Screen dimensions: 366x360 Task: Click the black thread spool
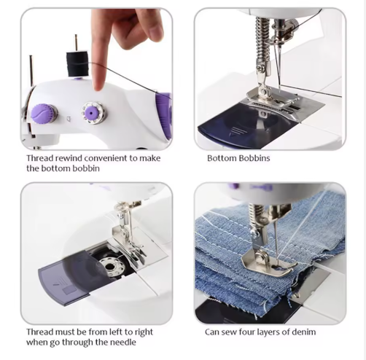tap(77, 63)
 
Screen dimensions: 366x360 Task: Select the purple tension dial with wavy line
tap(42, 114)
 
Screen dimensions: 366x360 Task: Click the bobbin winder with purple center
tap(93, 113)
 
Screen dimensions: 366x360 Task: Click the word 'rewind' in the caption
tap(69, 158)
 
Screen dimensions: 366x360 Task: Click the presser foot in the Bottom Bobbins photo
tap(273, 101)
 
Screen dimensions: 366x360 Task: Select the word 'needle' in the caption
tap(123, 343)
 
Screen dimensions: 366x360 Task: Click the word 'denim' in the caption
tap(305, 332)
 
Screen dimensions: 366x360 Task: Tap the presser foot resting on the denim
tap(268, 263)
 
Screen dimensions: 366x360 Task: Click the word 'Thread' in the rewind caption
tap(40, 158)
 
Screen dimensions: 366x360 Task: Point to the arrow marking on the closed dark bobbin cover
tap(235, 131)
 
